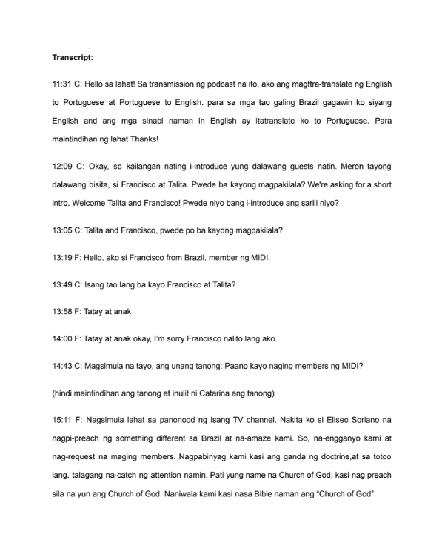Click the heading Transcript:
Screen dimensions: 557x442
click(72, 57)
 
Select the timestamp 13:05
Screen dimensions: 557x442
click(62, 230)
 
